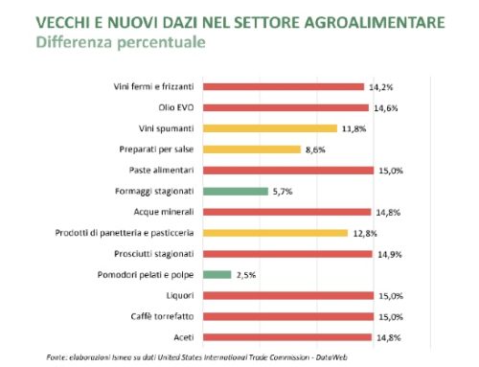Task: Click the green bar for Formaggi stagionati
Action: [x=239, y=191]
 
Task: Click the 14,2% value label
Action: [x=379, y=86]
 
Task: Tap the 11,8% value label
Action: [x=354, y=128]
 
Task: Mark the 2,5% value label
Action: [x=246, y=274]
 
